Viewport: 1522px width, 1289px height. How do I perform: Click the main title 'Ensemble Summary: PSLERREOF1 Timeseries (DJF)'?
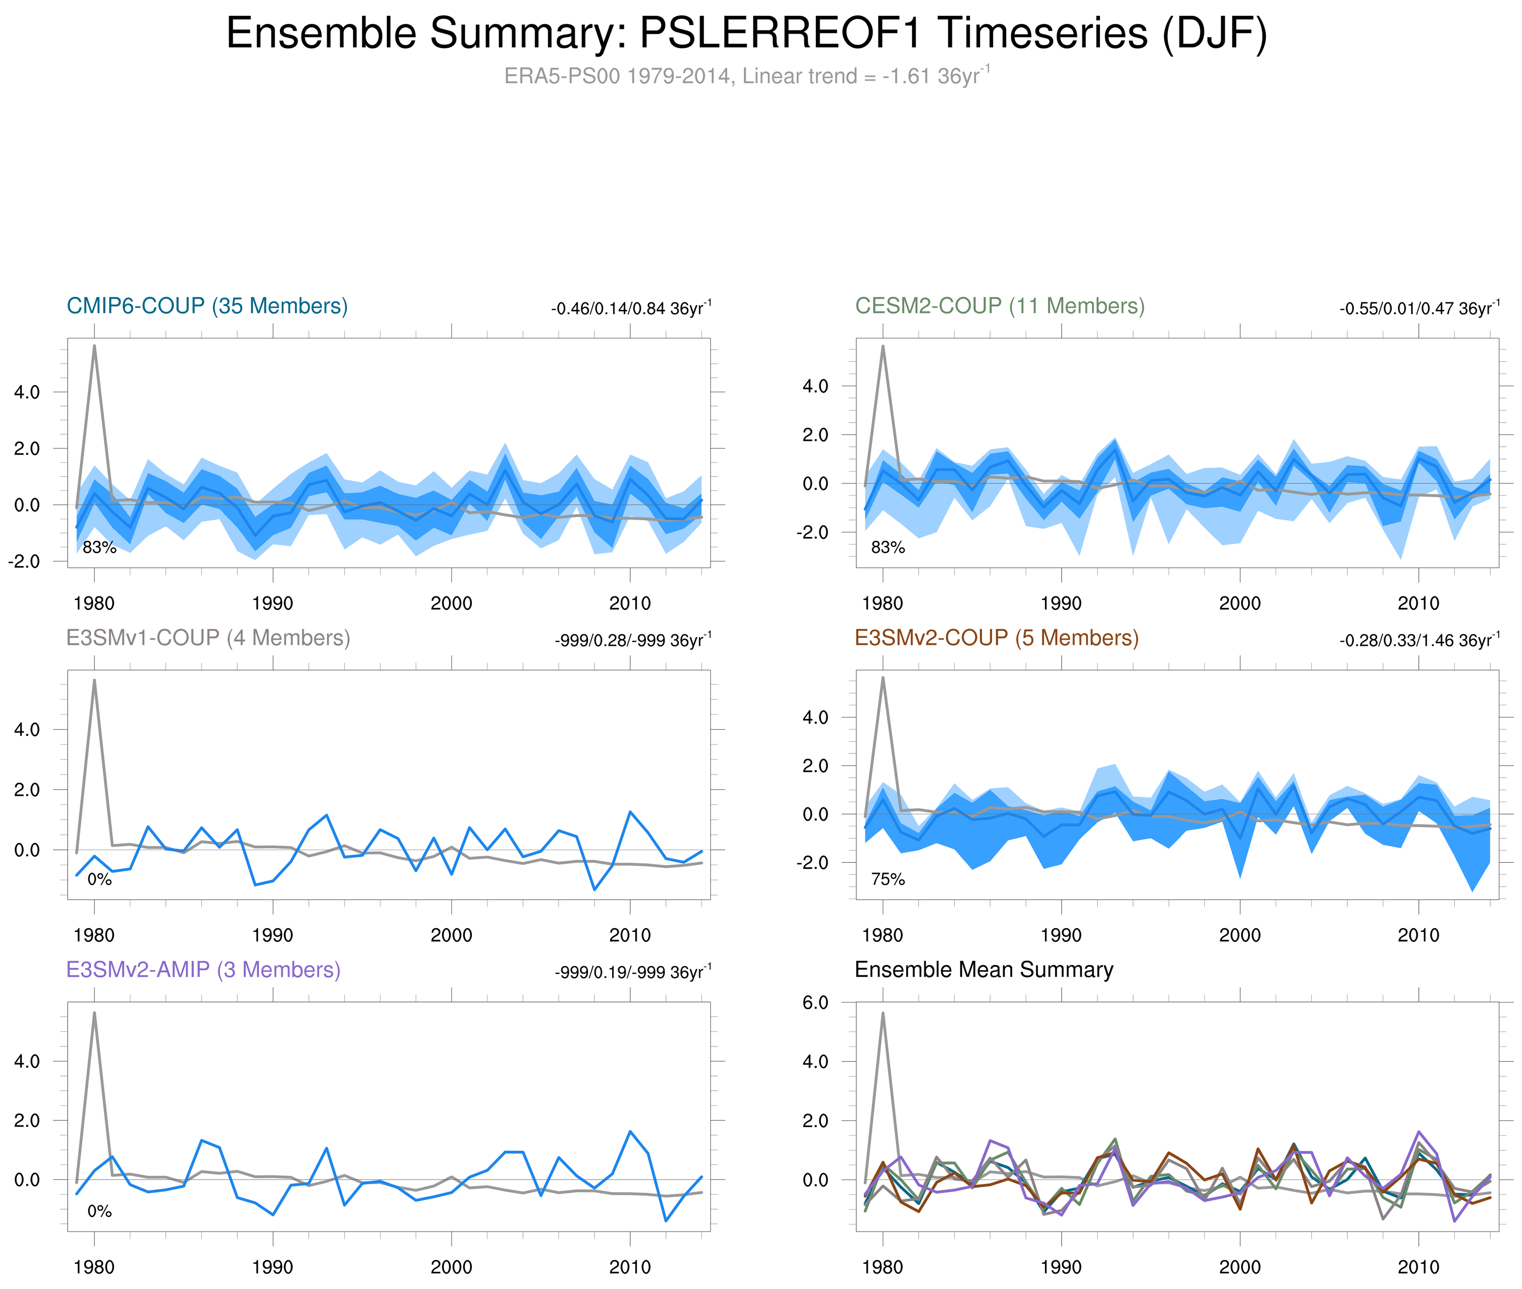[746, 34]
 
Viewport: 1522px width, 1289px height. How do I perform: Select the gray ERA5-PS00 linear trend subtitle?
[746, 76]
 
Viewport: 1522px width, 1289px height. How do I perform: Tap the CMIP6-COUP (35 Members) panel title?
[207, 306]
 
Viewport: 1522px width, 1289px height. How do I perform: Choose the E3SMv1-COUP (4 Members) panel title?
[207, 638]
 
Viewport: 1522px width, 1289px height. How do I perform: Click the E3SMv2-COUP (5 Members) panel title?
[996, 638]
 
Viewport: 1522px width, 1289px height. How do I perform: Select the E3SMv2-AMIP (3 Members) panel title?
[203, 970]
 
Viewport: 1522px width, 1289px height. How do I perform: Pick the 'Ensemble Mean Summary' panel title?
[984, 970]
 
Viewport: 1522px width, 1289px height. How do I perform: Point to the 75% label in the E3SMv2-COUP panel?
[888, 879]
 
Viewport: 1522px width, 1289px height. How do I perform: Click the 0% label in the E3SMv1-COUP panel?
[100, 880]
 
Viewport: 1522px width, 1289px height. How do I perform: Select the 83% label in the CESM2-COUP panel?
[888, 547]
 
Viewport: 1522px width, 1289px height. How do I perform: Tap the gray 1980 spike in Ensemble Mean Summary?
[883, 1014]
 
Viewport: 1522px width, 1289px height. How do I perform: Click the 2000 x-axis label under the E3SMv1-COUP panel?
[451, 935]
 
